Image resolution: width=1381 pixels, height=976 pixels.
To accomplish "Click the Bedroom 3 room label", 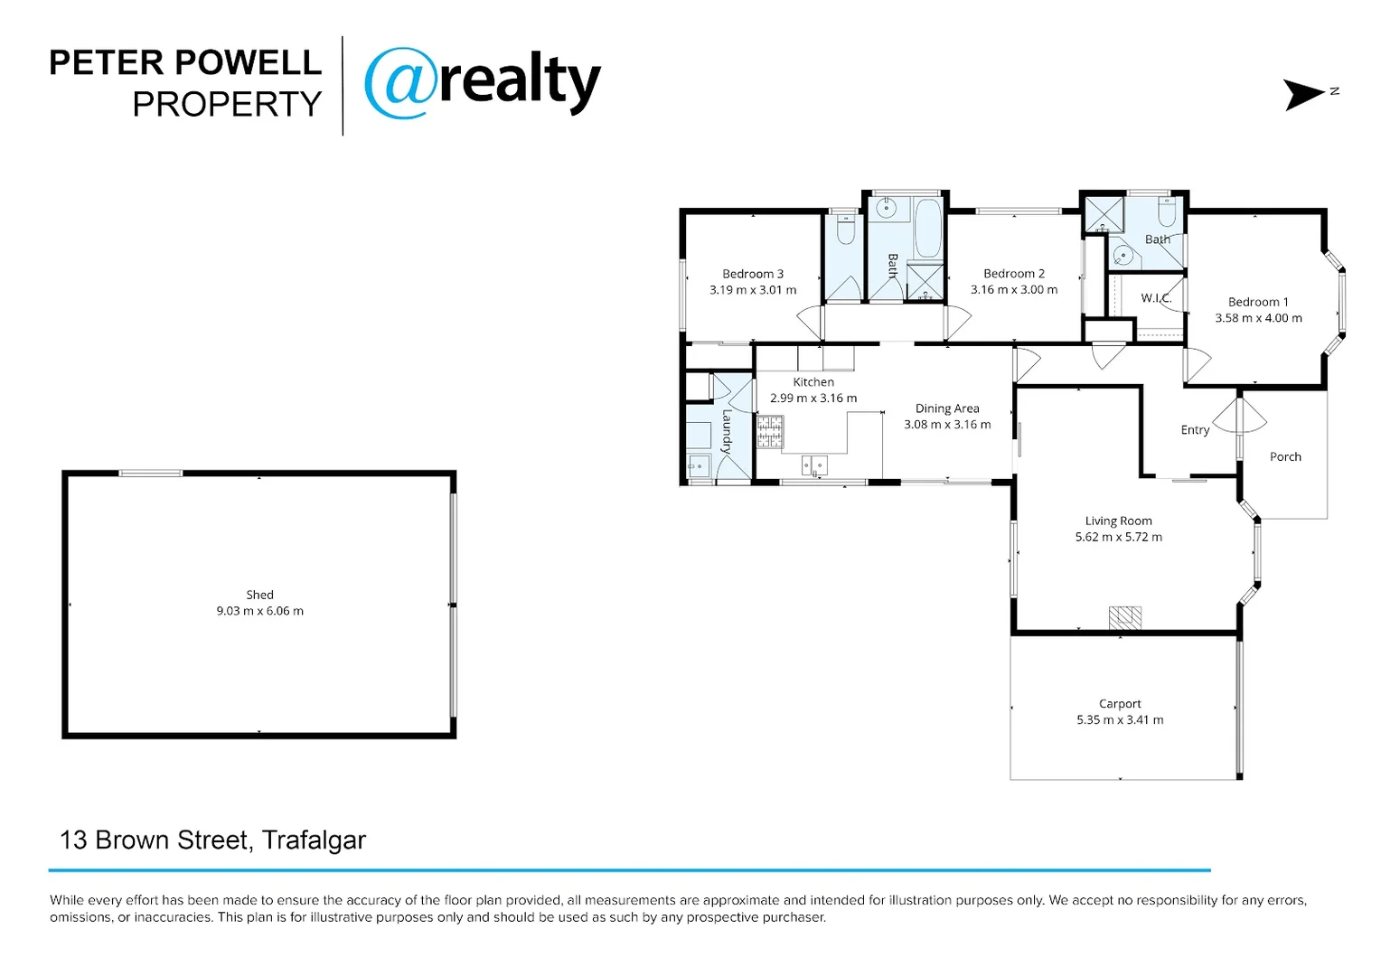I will click(x=753, y=274).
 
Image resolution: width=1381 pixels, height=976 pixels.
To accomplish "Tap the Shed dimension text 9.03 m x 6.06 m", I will click(x=259, y=611).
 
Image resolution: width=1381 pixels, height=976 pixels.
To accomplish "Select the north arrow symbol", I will click(x=1305, y=94).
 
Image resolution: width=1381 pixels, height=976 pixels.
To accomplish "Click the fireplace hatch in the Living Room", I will click(x=1125, y=617).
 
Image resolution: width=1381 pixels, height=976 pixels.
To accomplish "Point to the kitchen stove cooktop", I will click(x=770, y=431).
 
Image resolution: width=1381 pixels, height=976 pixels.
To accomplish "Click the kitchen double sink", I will click(x=814, y=465).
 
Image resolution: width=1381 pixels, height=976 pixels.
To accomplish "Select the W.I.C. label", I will click(x=1155, y=298).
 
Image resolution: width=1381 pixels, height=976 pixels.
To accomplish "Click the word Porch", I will click(x=1285, y=457).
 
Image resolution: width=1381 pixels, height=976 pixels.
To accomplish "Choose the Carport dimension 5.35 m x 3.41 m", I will click(x=1120, y=720).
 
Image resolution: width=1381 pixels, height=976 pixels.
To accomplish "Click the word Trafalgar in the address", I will click(x=314, y=840).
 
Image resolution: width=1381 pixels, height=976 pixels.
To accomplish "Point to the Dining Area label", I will click(x=947, y=408).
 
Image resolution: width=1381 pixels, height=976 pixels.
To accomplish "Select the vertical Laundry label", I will click(x=727, y=431).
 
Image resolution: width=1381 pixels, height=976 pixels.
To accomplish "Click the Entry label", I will click(x=1195, y=430).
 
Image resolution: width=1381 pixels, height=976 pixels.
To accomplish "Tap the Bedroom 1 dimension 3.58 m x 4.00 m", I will click(x=1258, y=318).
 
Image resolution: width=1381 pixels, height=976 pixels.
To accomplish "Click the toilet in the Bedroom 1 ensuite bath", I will click(x=1166, y=213).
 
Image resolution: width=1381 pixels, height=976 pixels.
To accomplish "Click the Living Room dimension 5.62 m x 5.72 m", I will click(x=1118, y=537).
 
